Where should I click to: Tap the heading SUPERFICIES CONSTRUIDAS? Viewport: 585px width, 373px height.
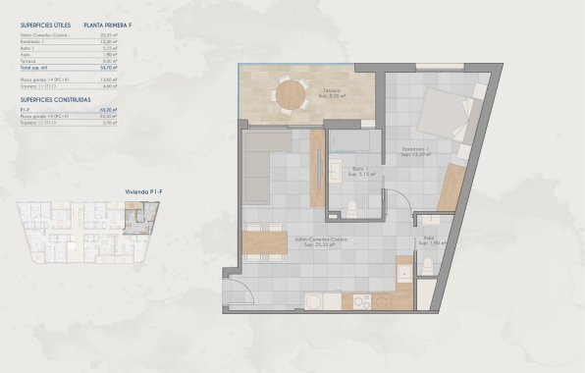pyautogui.click(x=52, y=100)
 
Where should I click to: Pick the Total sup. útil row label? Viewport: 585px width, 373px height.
pyautogui.click(x=34, y=67)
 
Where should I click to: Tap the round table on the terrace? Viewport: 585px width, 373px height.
pyautogui.click(x=291, y=95)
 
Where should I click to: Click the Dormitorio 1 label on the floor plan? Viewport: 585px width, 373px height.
pyautogui.click(x=417, y=152)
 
